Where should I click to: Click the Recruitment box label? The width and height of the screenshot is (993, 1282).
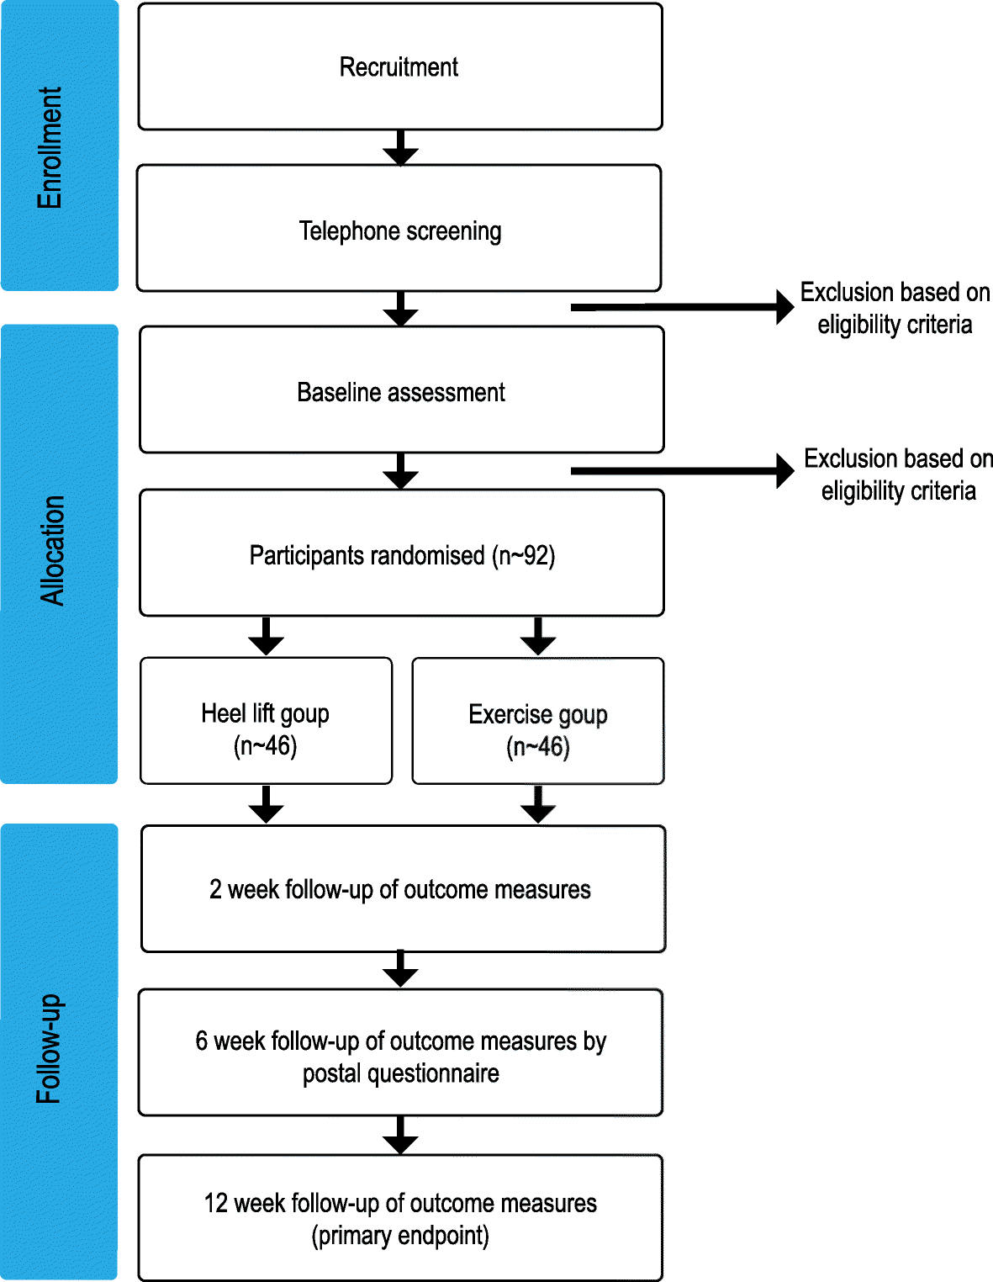click(x=399, y=67)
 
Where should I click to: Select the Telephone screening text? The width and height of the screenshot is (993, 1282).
click(x=400, y=230)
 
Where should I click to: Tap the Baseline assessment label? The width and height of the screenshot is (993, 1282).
click(x=401, y=393)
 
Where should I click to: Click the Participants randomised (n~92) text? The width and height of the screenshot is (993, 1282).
click(x=402, y=555)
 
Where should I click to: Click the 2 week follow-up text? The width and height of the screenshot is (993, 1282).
click(x=400, y=889)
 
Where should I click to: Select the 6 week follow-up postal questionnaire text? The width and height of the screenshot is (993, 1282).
click(x=400, y=1057)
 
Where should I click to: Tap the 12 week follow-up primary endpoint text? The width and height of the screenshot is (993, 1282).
click(x=400, y=1219)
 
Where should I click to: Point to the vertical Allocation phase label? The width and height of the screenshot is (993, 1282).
click(x=52, y=551)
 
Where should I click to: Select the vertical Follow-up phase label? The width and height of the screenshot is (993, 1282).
click(x=50, y=1049)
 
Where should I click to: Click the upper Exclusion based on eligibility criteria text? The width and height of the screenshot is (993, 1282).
click(x=895, y=308)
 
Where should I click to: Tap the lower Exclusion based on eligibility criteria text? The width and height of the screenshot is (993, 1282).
click(x=898, y=474)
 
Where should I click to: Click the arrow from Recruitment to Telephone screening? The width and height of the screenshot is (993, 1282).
click(x=400, y=148)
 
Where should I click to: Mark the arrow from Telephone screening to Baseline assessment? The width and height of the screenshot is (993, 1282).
click(x=400, y=310)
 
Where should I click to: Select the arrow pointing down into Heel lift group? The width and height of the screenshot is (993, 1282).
click(x=266, y=637)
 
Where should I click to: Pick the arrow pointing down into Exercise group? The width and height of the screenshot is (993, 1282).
click(x=538, y=637)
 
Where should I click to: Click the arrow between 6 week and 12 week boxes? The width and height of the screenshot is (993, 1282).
click(x=400, y=1136)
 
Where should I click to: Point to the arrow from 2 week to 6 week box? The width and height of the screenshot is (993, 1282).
click(x=400, y=970)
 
